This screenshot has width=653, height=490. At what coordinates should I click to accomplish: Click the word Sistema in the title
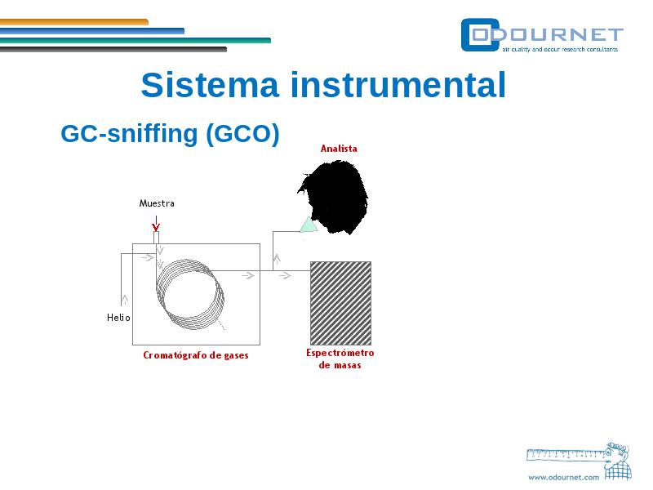pyautogui.click(x=210, y=85)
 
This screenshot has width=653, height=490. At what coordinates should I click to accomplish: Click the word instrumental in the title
pyautogui.click(x=398, y=85)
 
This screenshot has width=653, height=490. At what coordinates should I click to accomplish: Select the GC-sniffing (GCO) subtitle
pyautogui.click(x=170, y=134)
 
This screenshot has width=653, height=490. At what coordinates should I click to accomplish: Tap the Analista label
pyautogui.click(x=339, y=149)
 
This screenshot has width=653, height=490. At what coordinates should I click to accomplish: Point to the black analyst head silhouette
pyautogui.click(x=335, y=196)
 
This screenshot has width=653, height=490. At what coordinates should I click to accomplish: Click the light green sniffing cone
pyautogui.click(x=309, y=225)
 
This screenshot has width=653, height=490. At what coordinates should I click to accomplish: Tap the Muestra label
pyautogui.click(x=157, y=203)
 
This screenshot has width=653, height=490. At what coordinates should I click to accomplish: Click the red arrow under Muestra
pyautogui.click(x=156, y=223)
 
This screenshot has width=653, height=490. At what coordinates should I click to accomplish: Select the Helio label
pyautogui.click(x=118, y=318)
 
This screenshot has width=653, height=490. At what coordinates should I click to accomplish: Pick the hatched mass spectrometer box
pyautogui.click(x=340, y=303)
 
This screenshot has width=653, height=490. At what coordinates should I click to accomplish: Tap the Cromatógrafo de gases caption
pyautogui.click(x=196, y=355)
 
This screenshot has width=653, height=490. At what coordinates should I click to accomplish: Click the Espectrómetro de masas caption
pyautogui.click(x=340, y=359)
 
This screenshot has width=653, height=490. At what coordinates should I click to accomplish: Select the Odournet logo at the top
pyautogui.click(x=542, y=35)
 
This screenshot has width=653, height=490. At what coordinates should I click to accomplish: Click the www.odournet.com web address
pyautogui.click(x=563, y=478)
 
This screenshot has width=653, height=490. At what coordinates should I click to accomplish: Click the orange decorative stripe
pyautogui.click(x=74, y=22)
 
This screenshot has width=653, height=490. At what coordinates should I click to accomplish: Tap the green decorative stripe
pyautogui.click(x=135, y=40)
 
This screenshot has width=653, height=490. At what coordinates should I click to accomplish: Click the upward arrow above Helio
pyautogui.click(x=124, y=300)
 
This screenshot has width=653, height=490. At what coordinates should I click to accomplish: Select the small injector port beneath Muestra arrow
pyautogui.click(x=156, y=238)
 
